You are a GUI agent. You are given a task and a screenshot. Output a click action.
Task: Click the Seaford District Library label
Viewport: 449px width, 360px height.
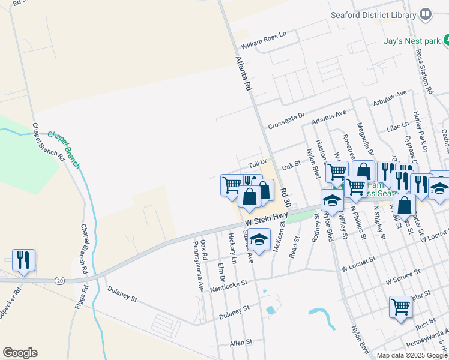tap(373, 15)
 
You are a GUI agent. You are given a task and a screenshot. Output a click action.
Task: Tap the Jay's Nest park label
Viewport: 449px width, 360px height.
tap(412, 41)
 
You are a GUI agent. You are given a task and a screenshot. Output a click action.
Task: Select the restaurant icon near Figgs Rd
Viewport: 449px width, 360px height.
tap(23, 260)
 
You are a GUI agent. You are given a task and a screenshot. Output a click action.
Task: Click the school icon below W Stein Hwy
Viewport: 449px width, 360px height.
tap(259, 240)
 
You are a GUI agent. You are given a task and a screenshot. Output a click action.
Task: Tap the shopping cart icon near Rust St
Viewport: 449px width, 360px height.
tap(400, 307)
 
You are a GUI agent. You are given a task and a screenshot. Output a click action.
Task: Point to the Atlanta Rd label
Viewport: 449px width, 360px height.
tap(243, 73)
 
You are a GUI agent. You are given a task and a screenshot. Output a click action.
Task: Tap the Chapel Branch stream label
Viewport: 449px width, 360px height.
tap(64, 144)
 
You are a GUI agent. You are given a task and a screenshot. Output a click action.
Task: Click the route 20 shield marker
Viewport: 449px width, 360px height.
tap(59, 280)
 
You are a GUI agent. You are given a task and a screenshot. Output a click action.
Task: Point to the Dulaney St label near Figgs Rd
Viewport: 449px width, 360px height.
tap(122, 292)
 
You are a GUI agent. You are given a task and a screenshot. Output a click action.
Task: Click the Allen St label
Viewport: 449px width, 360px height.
tap(240, 343)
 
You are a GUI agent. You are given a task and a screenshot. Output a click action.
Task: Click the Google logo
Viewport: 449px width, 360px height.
tap(20, 353)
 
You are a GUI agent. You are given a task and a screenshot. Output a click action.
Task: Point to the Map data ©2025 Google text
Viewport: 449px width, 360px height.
tap(412, 355)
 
